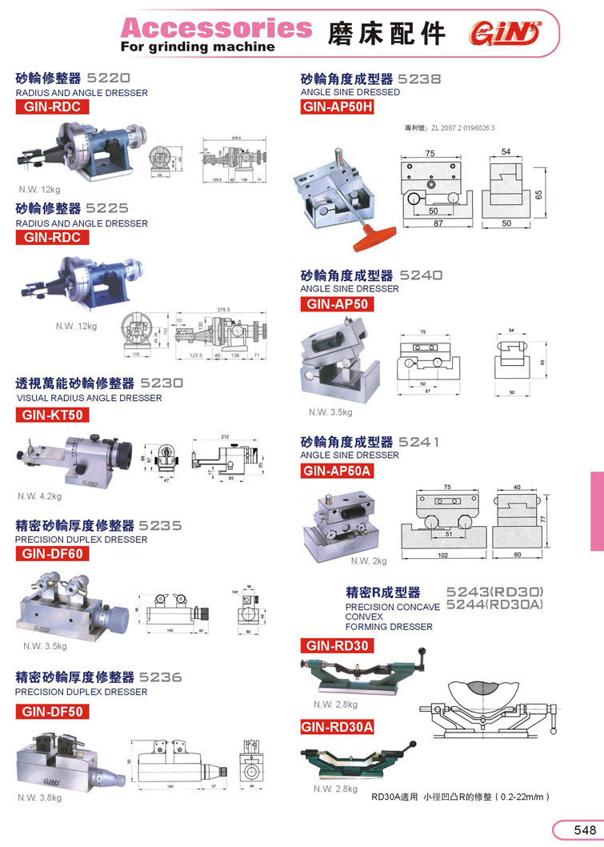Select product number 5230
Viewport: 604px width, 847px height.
click(x=162, y=383)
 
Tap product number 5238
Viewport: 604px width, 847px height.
click(x=419, y=79)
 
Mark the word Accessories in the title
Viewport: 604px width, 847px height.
click(x=216, y=28)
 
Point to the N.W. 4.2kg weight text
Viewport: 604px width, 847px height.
click(x=40, y=496)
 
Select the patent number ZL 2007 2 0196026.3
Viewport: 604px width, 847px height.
click(x=450, y=128)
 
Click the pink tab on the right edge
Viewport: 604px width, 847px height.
click(x=597, y=510)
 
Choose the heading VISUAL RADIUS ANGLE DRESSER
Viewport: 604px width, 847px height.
click(x=89, y=398)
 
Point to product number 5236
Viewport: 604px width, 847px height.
click(x=161, y=677)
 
